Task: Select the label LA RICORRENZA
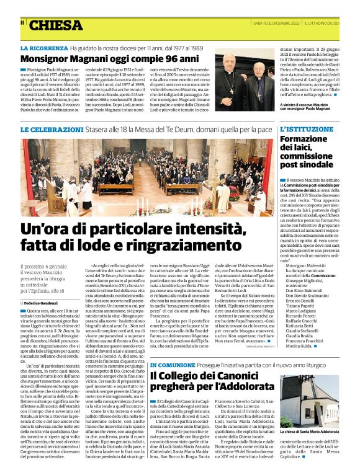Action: [x=43, y=48]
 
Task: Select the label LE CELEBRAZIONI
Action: [x=51, y=130]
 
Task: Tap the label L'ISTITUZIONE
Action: [x=304, y=130]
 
